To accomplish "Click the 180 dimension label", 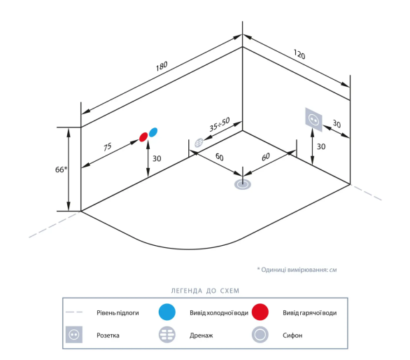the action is [x=162, y=67].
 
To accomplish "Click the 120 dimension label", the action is [x=299, y=54].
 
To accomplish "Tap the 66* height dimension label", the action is [x=61, y=169].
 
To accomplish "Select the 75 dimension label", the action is [x=108, y=146].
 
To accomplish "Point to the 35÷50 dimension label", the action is [x=220, y=124].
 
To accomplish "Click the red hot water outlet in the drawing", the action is [x=143, y=137].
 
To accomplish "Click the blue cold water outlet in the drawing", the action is [x=153, y=132].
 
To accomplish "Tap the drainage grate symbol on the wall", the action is [x=199, y=142].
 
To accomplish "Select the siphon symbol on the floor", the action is [x=243, y=184].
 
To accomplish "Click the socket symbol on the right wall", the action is [x=313, y=120].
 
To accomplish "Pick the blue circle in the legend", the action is [x=167, y=312].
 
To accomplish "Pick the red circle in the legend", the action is [x=260, y=312].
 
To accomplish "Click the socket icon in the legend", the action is [x=74, y=335].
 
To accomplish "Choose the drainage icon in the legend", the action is [x=167, y=335].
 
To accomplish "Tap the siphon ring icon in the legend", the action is [x=260, y=335].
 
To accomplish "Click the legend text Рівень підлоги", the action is [x=118, y=313].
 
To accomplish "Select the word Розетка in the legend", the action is [x=108, y=335].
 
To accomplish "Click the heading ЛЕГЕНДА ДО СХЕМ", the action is [x=205, y=291].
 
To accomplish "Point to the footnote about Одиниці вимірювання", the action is [x=297, y=270].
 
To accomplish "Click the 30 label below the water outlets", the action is [x=157, y=158].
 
